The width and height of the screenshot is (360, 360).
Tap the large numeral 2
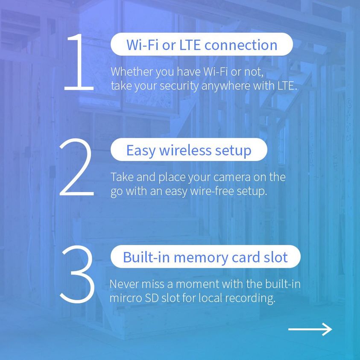(x=77, y=167)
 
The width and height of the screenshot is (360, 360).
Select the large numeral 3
(x=78, y=274)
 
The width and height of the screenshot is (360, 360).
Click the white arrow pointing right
(x=310, y=329)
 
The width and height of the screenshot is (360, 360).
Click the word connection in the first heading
(x=241, y=45)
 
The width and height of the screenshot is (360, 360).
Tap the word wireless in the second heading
(x=185, y=150)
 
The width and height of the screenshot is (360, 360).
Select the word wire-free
(x=212, y=191)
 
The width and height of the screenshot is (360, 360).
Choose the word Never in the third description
(x=124, y=284)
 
